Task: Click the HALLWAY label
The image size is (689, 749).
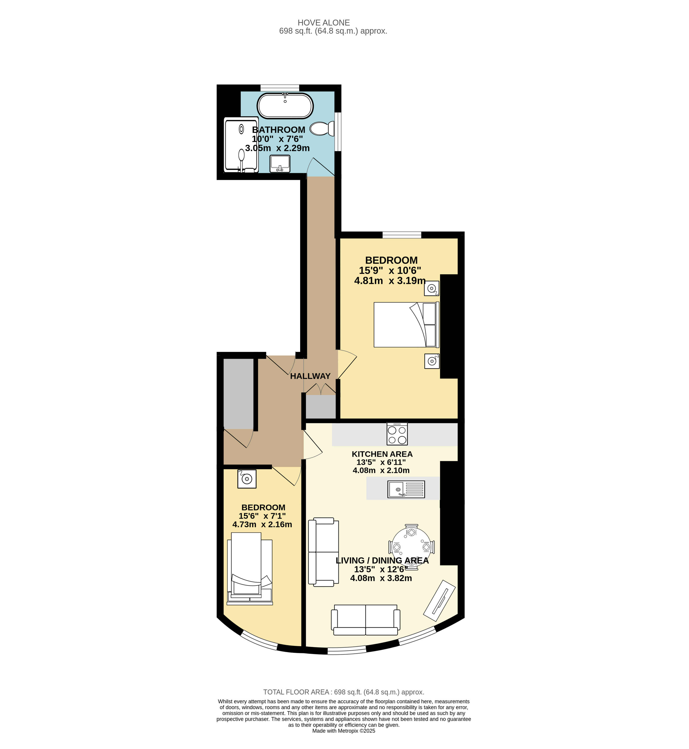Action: click(x=310, y=376)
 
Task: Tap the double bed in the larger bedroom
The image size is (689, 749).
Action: click(x=406, y=324)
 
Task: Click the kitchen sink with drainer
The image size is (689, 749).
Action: click(x=406, y=489)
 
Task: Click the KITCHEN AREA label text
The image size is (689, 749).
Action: click(x=382, y=454)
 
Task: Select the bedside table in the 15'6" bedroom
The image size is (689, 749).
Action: click(x=247, y=479)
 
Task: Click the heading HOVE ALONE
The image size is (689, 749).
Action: click(x=324, y=23)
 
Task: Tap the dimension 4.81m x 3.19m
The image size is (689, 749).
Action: click(x=390, y=280)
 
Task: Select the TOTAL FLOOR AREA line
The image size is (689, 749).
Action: click(x=344, y=692)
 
